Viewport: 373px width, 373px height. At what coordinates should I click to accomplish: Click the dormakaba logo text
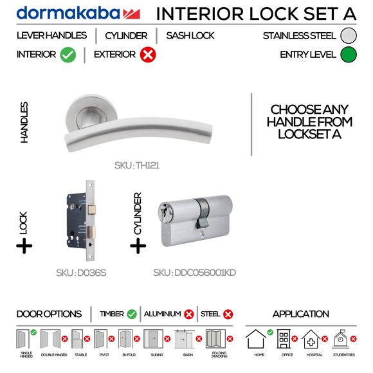[x=68, y=14]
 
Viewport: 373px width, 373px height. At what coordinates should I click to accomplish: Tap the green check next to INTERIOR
[x=68, y=55]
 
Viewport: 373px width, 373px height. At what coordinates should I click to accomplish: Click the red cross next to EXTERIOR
[x=147, y=55]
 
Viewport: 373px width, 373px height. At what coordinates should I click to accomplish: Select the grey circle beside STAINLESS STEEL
[x=349, y=36]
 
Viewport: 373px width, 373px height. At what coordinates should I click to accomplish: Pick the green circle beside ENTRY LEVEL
[x=349, y=55]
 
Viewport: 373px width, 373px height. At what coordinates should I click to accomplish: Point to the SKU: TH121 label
[x=137, y=165]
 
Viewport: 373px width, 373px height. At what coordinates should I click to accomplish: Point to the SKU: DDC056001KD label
[x=194, y=273]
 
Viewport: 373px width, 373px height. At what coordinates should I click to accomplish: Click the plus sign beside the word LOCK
[x=24, y=246]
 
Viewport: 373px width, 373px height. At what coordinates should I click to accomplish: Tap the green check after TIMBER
[x=132, y=314]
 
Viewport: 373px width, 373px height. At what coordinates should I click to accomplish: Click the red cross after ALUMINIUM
[x=189, y=314]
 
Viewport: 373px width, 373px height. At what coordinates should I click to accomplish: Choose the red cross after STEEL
[x=228, y=314]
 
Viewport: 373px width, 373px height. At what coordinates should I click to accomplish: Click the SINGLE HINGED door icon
[x=26, y=340]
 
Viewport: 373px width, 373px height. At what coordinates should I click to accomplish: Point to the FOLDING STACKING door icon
[x=215, y=340]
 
